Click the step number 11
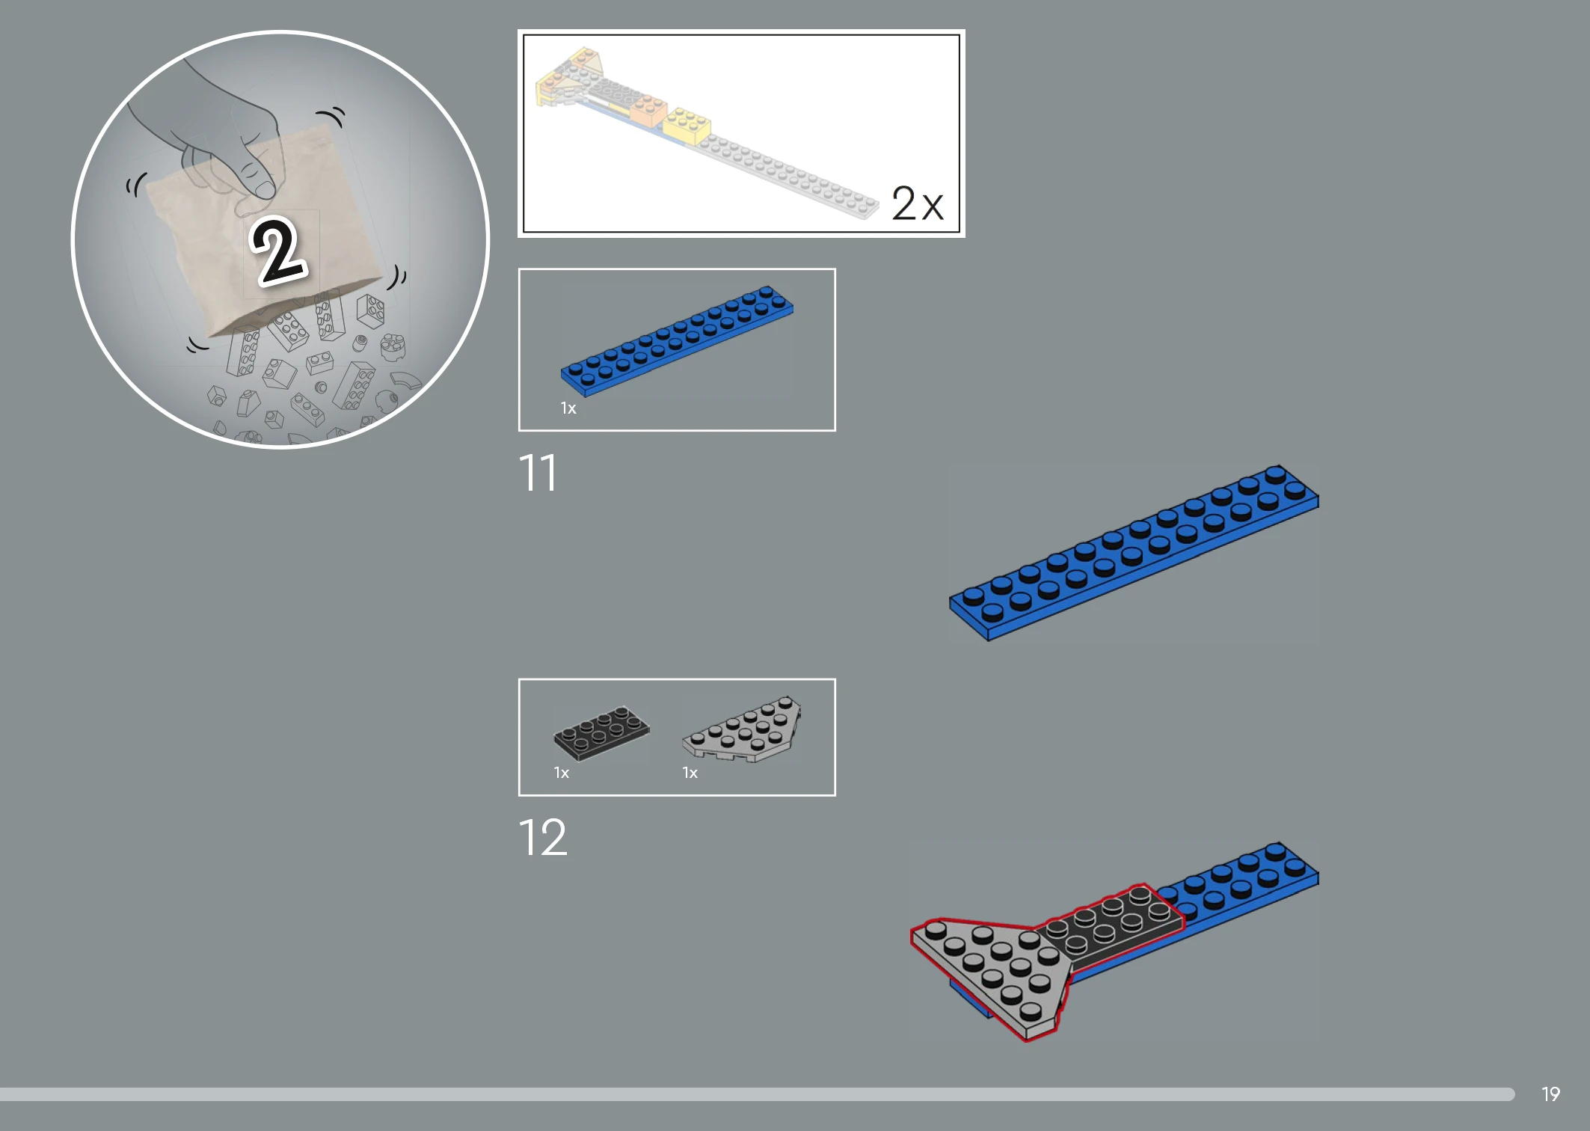pos(538,473)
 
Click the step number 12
pos(543,837)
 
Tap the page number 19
pos(1550,1094)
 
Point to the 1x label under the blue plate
pos(568,408)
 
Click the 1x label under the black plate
pos(562,773)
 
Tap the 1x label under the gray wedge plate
pos(690,773)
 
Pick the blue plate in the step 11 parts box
pos(677,340)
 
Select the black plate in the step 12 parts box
pos(601,732)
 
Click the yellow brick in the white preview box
pos(687,125)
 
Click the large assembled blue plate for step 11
pos(1134,553)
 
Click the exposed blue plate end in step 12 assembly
pos(1241,883)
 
